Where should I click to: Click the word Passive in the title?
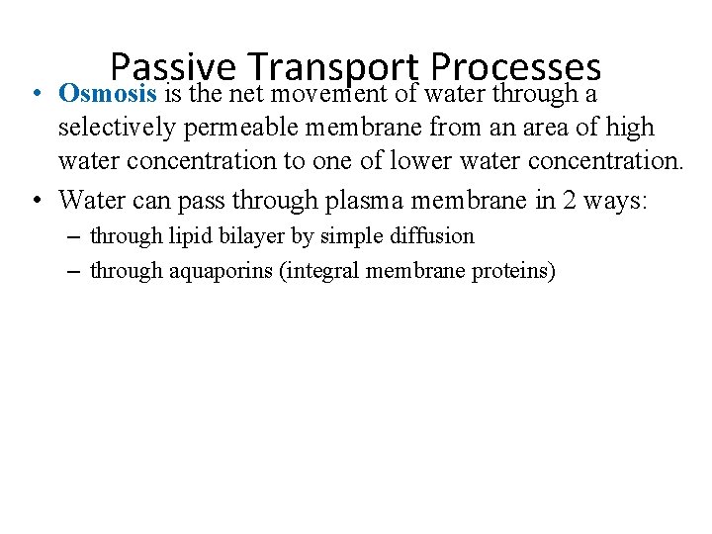pos(173,67)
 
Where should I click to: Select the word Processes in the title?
pos(516,67)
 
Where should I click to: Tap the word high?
pos(630,128)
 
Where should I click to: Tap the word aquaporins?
pos(222,271)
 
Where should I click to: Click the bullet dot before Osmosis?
pos(35,94)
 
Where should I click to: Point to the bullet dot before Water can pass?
pos(35,201)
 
